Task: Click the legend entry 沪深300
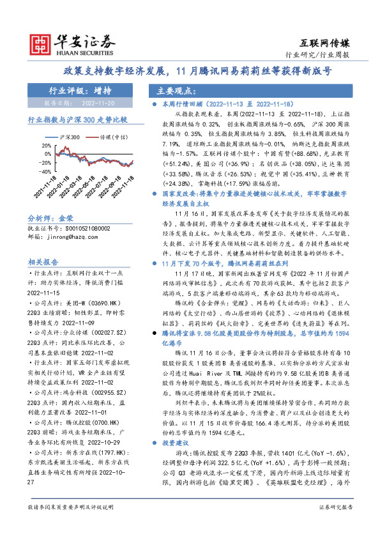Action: point(70,137)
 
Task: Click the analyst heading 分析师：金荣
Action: point(52,217)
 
